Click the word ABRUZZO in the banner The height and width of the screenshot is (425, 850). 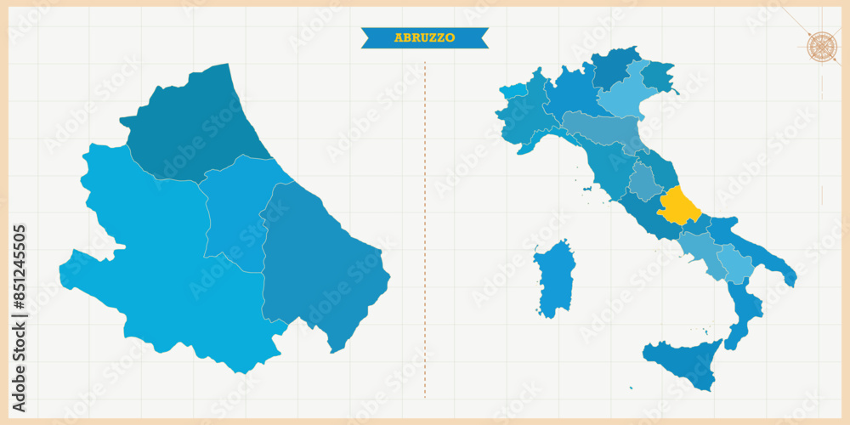point(424,37)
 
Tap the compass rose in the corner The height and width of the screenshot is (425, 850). point(821,46)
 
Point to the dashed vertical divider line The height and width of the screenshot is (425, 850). point(425,229)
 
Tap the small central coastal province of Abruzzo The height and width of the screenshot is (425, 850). point(238,212)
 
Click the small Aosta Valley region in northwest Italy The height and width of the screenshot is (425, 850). point(513,91)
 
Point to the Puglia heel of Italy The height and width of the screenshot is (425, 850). point(756,246)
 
